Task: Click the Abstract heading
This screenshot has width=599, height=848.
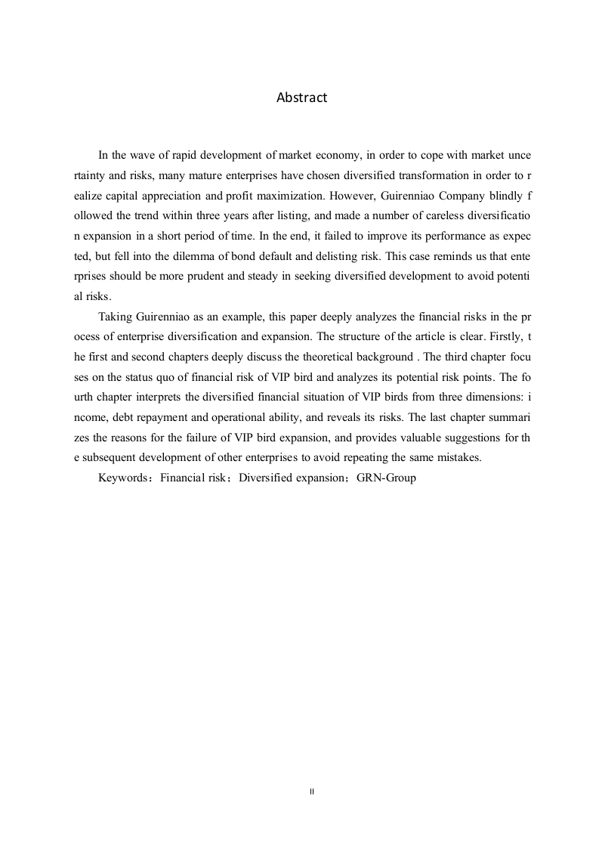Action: [x=301, y=97]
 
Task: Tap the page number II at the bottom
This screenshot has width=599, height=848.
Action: [x=312, y=791]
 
